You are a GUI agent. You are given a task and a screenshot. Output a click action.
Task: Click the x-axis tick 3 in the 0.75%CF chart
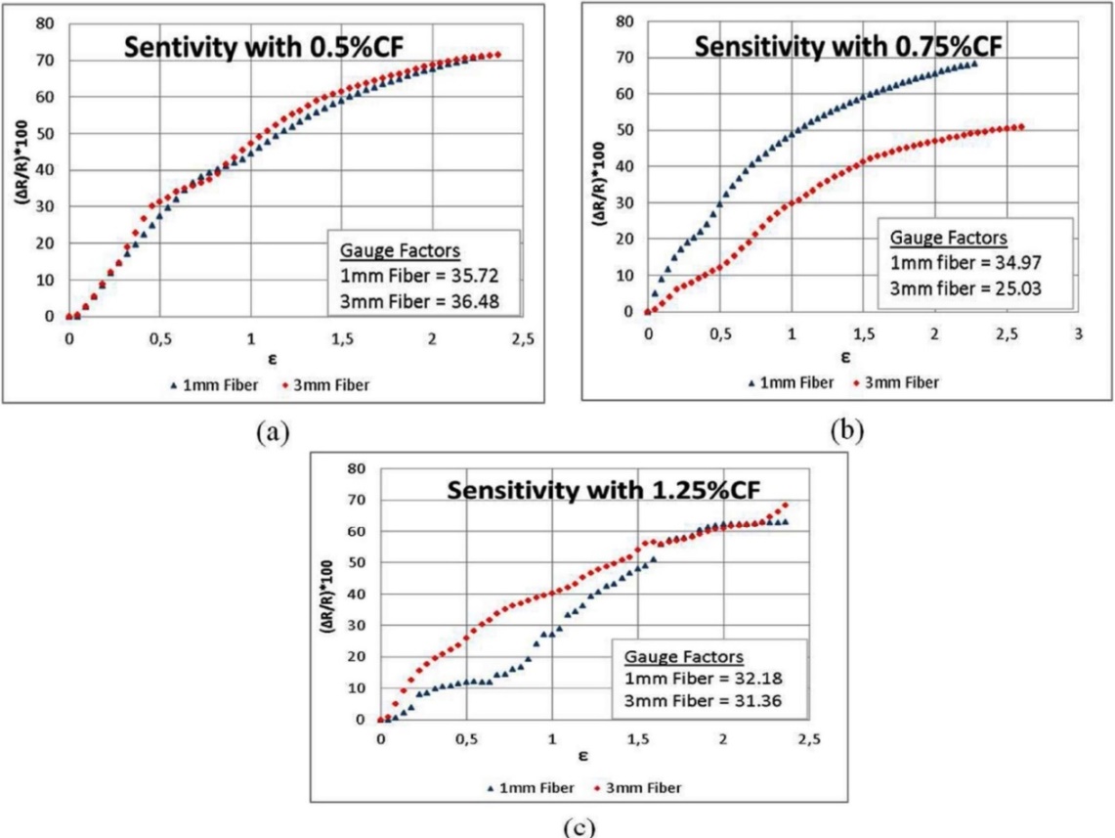1079,333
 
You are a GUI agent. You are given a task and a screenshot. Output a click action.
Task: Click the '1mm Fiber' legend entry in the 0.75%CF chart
792,382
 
